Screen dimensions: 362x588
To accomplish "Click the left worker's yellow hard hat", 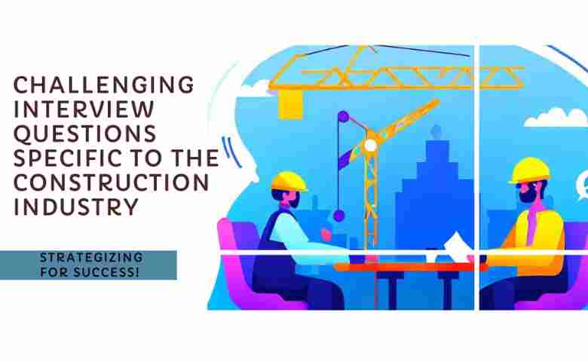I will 289,181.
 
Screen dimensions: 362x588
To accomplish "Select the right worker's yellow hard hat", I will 529,170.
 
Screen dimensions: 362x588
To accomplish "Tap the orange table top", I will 400,266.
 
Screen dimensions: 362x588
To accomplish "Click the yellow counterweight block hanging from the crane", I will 289,105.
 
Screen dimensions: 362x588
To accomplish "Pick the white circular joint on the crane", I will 370,145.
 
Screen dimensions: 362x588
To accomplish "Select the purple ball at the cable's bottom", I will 338,216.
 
